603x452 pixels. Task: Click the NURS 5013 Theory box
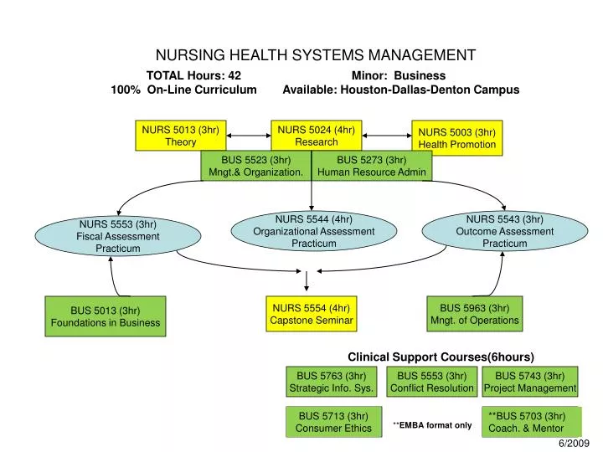point(180,136)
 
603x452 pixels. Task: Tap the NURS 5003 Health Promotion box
point(457,138)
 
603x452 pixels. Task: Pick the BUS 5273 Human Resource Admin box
point(371,166)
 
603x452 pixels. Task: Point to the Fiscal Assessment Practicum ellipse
point(117,235)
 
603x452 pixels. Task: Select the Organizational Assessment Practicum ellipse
point(314,231)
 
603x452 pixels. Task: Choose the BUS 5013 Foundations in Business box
point(105,316)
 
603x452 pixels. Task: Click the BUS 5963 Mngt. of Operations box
point(475,313)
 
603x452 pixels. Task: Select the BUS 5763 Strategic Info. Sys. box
point(331,382)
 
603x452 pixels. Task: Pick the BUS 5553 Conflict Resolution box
point(432,382)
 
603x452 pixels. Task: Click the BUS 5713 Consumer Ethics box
point(333,422)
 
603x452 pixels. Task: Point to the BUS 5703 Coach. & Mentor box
point(532,422)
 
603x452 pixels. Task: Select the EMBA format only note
point(432,425)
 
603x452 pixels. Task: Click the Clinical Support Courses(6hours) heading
point(441,357)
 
